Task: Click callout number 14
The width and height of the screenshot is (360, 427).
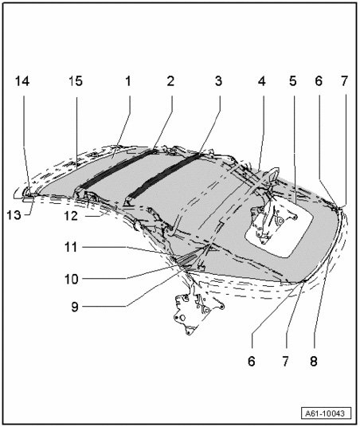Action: click(x=22, y=81)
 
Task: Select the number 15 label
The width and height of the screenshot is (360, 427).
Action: click(x=75, y=81)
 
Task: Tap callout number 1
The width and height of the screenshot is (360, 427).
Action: click(x=128, y=81)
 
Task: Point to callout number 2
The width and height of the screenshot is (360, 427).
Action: click(x=170, y=81)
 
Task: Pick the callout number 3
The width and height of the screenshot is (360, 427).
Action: click(x=218, y=81)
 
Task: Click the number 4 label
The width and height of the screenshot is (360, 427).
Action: click(x=261, y=81)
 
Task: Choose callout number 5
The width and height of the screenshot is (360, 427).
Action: click(x=293, y=81)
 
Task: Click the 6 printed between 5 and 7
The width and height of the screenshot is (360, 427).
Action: click(x=319, y=81)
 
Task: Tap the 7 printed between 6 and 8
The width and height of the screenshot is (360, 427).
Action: click(x=285, y=362)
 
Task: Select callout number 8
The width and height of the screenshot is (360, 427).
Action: click(x=314, y=362)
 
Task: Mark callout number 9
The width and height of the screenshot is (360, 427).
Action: click(x=75, y=307)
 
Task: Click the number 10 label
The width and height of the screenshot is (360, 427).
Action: click(x=72, y=279)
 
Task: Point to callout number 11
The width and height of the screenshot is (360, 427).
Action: click(x=71, y=247)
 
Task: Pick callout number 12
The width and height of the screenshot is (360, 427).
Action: click(x=71, y=216)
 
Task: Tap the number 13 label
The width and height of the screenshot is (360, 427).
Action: click(x=14, y=215)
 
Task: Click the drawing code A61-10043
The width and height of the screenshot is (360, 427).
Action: click(x=326, y=413)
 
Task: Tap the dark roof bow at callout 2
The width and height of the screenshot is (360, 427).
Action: click(x=115, y=168)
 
